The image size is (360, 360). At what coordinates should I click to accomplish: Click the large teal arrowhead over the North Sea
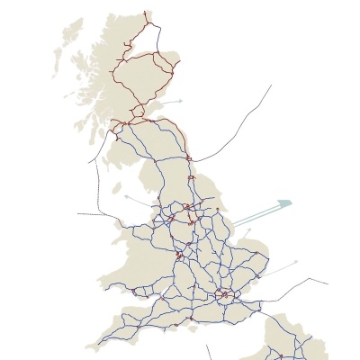point(285,203)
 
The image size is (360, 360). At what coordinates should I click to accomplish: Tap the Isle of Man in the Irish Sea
point(118,190)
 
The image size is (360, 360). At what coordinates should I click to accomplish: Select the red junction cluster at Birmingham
point(179,256)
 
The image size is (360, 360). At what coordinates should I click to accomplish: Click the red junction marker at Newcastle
point(189,158)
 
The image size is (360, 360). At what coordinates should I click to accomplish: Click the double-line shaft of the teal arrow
point(256,214)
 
